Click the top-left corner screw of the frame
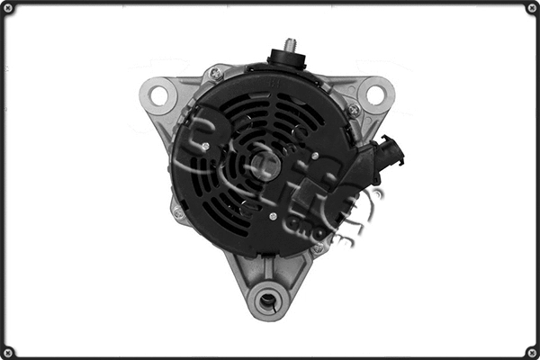[8, 8]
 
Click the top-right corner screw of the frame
[531, 8]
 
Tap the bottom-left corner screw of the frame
[8, 351]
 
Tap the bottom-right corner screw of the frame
[531, 351]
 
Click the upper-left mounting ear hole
[159, 93]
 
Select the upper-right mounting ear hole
[374, 93]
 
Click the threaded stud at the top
[290, 44]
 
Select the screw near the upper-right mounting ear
[354, 110]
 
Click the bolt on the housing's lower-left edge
[178, 212]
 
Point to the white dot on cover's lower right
[273, 217]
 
